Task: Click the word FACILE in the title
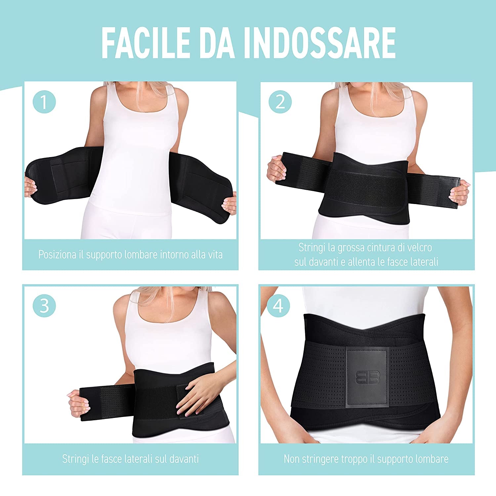pyautogui.click(x=145, y=43)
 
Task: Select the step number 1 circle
pyautogui.click(x=44, y=102)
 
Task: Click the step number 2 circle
pyautogui.click(x=280, y=102)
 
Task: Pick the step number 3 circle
pyautogui.click(x=44, y=306)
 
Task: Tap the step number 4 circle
pyautogui.click(x=278, y=306)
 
